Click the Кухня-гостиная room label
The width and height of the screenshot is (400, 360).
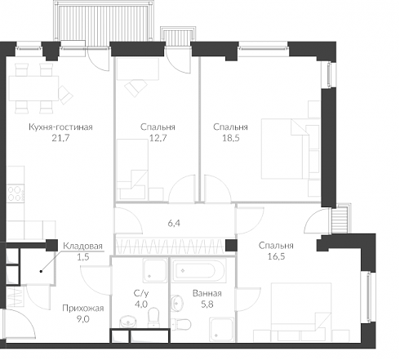60,127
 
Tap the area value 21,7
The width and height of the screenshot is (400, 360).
60,138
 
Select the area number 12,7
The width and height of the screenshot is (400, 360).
158,138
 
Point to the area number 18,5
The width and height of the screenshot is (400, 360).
231,138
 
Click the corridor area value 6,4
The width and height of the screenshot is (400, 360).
174,224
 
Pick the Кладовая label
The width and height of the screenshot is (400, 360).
82,246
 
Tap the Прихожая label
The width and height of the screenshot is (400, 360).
83,308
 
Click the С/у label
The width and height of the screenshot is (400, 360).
141,293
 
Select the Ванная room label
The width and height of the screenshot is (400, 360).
207,293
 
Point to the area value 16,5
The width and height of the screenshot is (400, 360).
276,256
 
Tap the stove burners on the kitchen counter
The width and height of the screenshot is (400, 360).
16,193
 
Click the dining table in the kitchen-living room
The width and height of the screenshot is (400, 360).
33,88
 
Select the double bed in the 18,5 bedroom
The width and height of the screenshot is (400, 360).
282,149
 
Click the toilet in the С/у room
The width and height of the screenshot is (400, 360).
153,317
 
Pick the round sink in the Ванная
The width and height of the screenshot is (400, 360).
177,303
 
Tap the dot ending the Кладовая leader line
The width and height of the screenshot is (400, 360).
41,271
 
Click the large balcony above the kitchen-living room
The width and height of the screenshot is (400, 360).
104,20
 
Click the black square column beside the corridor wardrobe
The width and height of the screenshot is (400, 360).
231,245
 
